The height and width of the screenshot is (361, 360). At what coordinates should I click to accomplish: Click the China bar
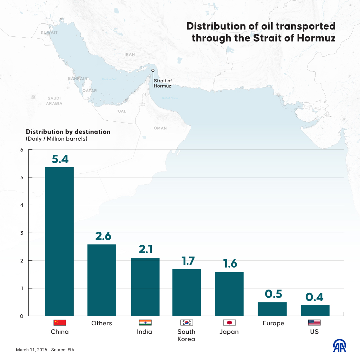point(59,241)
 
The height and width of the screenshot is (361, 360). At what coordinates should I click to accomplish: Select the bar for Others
point(102,280)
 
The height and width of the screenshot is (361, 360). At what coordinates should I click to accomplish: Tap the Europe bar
point(272,309)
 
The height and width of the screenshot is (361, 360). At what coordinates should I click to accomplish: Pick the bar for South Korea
point(187,292)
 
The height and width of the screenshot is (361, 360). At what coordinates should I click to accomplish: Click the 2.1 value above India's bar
point(146,249)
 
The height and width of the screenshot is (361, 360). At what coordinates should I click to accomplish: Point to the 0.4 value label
point(314,297)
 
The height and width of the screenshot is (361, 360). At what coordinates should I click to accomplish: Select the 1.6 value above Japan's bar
point(230,264)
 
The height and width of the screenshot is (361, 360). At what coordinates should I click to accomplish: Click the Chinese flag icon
point(60,322)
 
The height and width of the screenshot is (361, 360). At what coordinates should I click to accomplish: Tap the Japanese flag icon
point(229,322)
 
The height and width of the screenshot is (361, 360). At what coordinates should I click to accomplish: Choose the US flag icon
point(314,322)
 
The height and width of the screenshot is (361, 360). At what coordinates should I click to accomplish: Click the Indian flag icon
point(145,322)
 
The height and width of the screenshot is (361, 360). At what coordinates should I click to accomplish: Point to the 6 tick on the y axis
point(22,150)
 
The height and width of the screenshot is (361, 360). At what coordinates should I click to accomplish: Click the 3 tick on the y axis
point(22,233)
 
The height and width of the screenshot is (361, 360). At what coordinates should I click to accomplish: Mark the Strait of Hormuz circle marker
point(153,70)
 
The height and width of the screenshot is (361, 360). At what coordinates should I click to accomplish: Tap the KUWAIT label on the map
point(50,32)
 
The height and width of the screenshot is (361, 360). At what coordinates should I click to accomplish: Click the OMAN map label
point(160,128)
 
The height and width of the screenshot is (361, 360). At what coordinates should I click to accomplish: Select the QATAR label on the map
point(89,91)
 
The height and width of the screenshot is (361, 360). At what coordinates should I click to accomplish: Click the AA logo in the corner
point(339,346)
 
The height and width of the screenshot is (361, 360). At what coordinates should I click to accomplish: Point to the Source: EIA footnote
point(63,350)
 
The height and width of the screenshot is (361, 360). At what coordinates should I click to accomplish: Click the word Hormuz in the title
point(316,38)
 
